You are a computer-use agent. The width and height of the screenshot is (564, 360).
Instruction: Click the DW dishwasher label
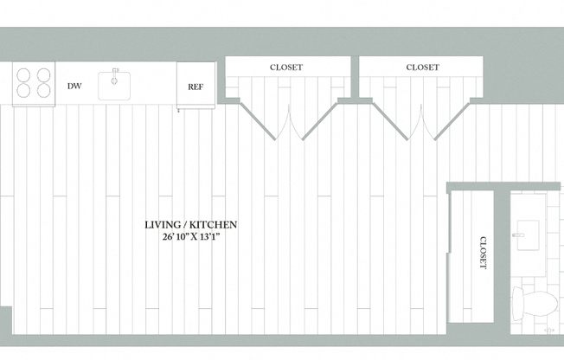74,86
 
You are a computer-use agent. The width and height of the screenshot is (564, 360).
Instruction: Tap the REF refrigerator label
195,87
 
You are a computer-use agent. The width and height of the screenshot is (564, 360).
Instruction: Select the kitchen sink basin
114,86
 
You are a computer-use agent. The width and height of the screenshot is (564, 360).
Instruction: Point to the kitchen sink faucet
114,76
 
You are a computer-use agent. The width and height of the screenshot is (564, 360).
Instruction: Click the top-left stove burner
23,75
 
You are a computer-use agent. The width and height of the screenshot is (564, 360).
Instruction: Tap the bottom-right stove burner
44,90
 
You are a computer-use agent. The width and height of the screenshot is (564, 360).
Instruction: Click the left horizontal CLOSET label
286,67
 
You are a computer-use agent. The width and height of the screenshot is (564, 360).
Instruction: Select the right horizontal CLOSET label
423,67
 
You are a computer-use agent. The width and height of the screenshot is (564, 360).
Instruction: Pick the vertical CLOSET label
484,253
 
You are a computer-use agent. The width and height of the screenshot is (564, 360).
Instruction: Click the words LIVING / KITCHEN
190,225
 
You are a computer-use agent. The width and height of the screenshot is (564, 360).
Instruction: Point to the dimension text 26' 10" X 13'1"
191,237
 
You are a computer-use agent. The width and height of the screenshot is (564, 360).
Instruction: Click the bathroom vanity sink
528,235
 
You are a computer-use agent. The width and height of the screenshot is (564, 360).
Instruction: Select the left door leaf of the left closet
258,121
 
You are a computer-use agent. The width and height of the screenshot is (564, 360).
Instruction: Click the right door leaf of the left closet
320,121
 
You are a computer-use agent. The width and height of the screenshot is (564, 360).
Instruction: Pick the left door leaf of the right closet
390,121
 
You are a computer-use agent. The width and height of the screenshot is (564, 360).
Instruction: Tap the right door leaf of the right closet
452,121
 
